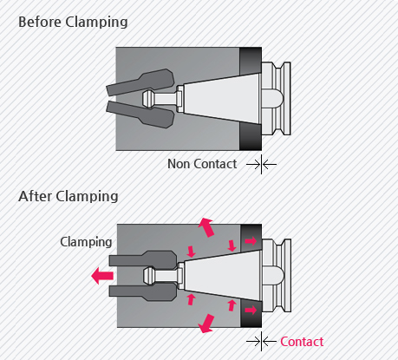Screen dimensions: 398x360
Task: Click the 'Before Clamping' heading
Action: point(73,23)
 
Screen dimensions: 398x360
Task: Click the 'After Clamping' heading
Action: point(69,197)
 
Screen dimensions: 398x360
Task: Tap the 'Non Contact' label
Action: point(202,164)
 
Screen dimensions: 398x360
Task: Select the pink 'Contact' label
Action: point(302,342)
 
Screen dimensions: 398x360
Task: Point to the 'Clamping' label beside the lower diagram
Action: point(86,242)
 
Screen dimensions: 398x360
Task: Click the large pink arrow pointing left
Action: point(102,276)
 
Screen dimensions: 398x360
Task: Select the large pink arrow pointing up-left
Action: point(206,227)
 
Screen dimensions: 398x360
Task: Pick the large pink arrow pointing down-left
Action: point(206,324)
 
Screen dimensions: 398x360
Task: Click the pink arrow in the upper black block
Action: point(251,240)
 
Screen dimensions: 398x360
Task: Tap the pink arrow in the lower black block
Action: point(251,311)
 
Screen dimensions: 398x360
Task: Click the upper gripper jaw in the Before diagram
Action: point(141,82)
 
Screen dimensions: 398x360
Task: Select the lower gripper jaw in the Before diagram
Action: point(141,115)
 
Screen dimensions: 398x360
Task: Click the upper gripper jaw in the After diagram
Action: point(143,259)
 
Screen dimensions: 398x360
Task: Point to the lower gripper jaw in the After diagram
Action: point(143,292)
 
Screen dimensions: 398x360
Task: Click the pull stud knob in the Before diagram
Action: point(148,99)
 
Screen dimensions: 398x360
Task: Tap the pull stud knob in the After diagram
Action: point(149,276)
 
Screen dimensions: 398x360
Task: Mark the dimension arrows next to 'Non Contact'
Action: point(261,165)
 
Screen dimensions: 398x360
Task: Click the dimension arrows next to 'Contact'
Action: point(261,342)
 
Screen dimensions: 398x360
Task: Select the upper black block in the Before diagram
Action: point(251,61)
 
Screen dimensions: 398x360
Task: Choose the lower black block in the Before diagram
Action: point(251,136)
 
